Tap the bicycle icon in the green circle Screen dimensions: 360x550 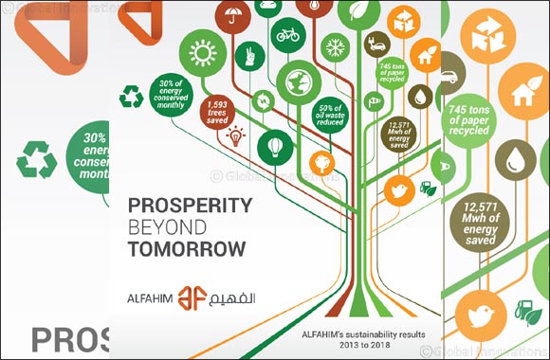click(x=287, y=35)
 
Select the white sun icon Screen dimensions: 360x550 click(x=202, y=53)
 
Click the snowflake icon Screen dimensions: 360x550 click(x=333, y=46)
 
